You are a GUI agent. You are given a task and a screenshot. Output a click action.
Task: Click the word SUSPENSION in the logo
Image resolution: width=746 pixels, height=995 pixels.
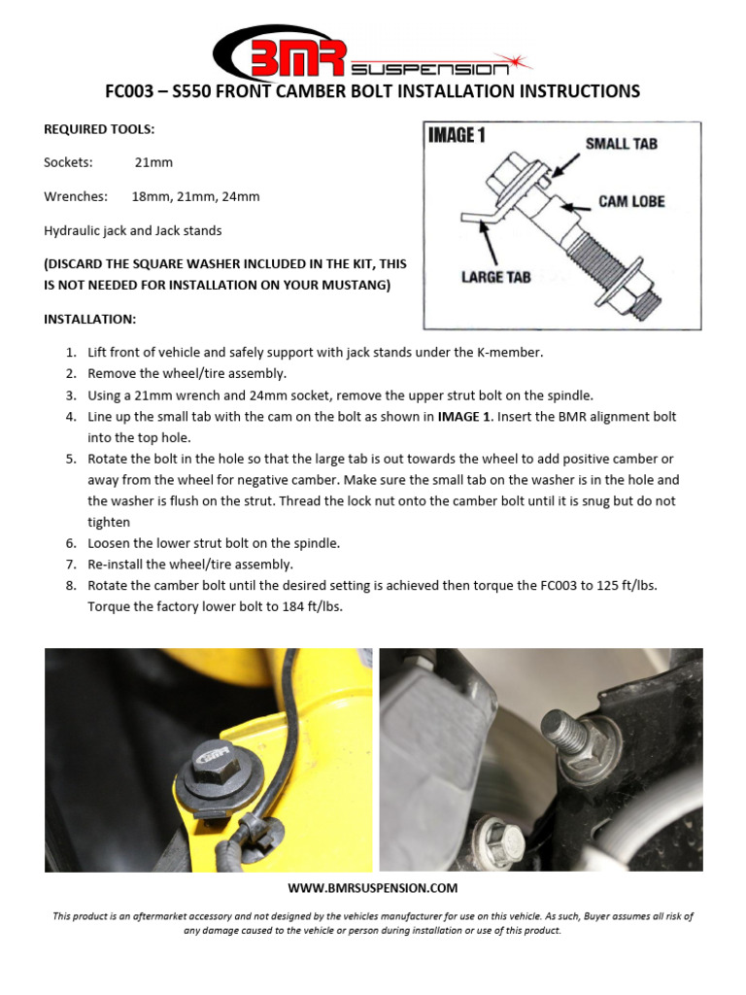(x=428, y=69)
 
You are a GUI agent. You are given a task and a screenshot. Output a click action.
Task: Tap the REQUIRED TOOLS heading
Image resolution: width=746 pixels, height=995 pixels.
(x=99, y=128)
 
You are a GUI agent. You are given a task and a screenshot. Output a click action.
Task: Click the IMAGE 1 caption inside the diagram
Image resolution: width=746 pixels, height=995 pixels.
(x=457, y=136)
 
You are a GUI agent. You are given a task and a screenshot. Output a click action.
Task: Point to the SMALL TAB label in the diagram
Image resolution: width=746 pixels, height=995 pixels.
(x=621, y=144)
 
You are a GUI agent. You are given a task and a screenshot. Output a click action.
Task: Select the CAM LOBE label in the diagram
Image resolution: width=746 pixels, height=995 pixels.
(x=631, y=201)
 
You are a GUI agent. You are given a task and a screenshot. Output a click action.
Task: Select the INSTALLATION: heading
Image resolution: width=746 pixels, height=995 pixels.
(x=90, y=319)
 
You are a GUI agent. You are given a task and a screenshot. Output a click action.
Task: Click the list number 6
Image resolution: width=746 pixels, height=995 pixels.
(x=71, y=543)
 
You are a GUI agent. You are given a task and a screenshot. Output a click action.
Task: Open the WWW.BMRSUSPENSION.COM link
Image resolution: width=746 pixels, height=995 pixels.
(x=373, y=888)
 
